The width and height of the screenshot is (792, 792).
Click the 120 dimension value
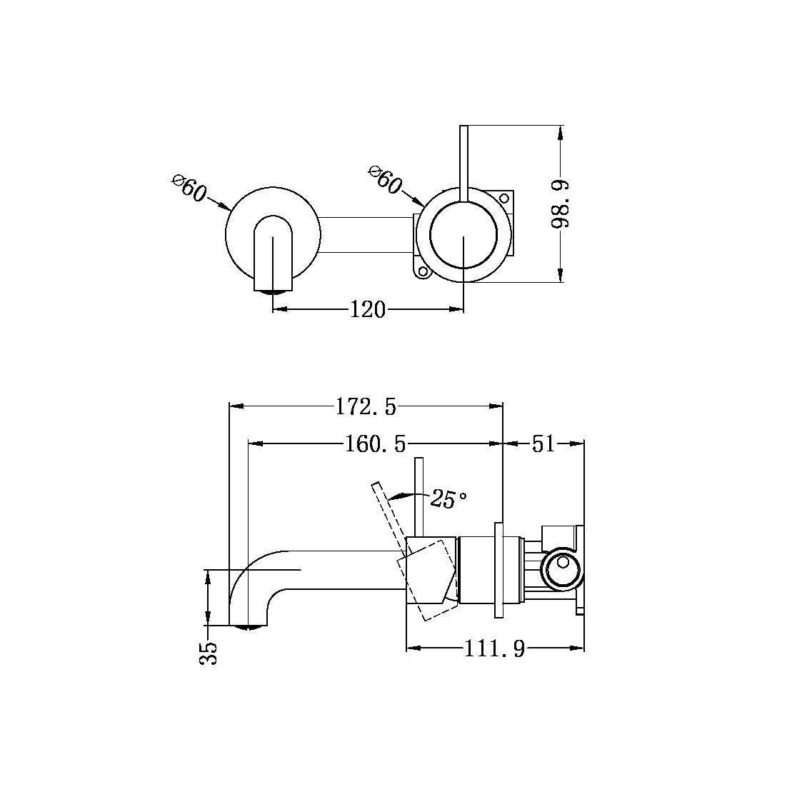367,309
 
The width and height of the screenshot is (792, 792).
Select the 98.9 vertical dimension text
561,204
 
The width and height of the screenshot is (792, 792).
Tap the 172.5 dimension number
365,407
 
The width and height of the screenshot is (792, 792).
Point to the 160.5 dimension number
375,444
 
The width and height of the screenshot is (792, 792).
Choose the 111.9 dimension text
494,649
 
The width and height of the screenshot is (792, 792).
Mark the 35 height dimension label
209,652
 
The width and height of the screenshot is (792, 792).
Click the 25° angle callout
448,499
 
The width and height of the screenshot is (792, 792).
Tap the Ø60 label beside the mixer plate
385,180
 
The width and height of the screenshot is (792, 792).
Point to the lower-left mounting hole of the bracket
422,271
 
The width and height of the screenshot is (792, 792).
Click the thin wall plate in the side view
498,570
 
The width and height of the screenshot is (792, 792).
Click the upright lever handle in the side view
420,496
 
